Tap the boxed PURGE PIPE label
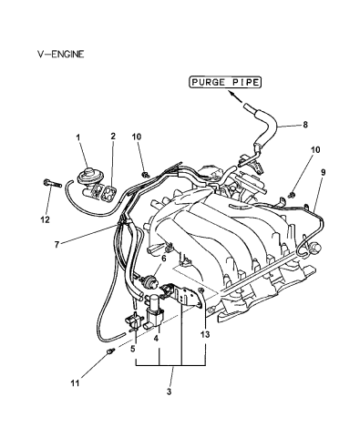(x=224, y=83)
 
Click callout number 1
(x=79, y=137)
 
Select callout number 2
(x=113, y=137)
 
